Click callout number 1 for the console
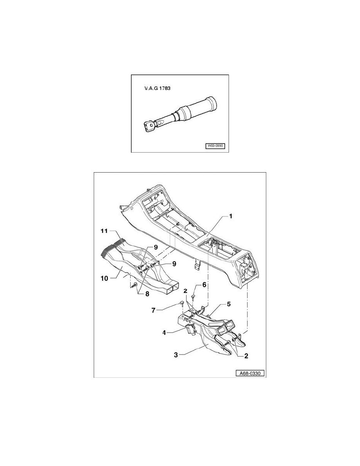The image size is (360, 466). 231,216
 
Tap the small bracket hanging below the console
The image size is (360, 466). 196,266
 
